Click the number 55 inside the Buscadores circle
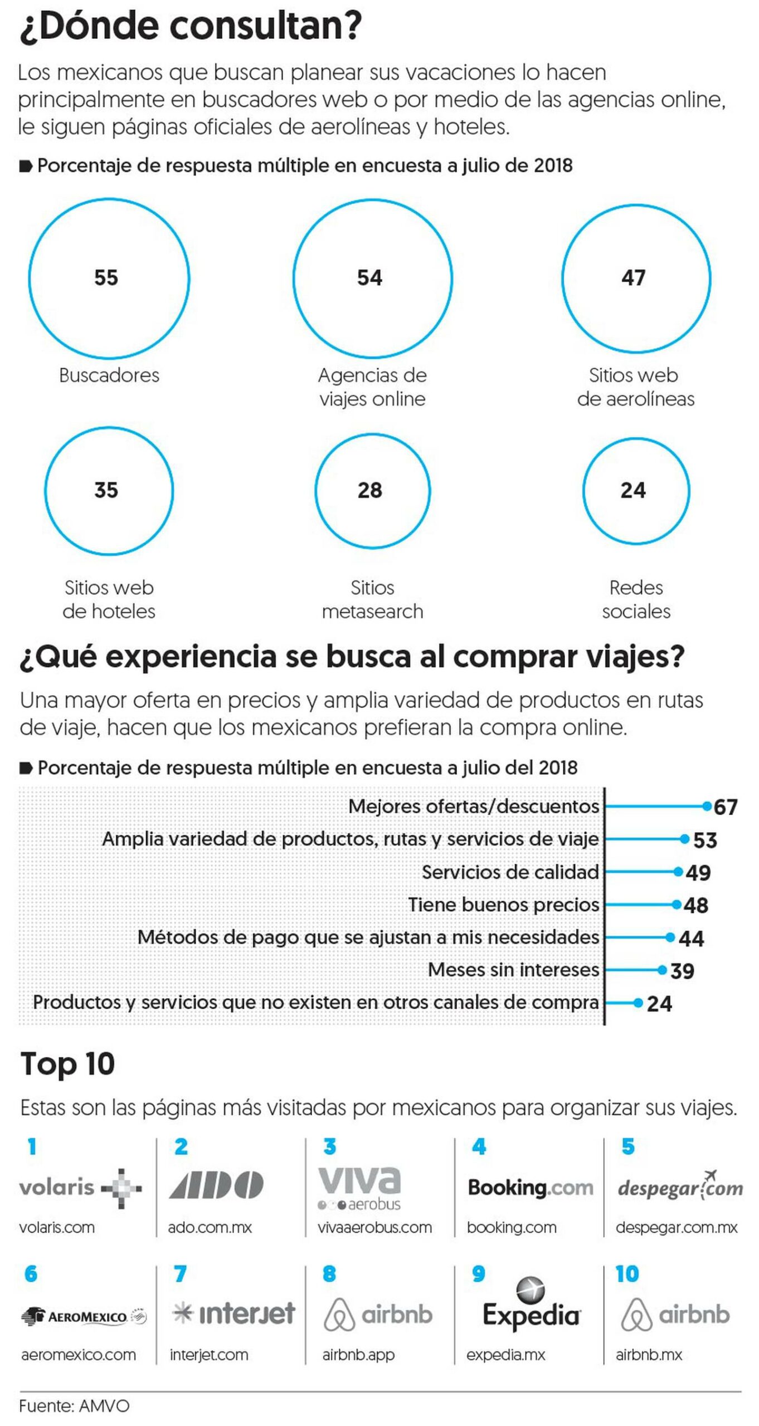pyautogui.click(x=106, y=277)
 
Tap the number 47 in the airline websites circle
pyautogui.click(x=633, y=277)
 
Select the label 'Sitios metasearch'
pyautogui.click(x=372, y=599)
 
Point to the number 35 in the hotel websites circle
pyautogui.click(x=106, y=490)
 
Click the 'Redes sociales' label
pyautogui.click(x=636, y=599)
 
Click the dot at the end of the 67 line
pyautogui.click(x=707, y=805)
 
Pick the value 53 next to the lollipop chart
pyautogui.click(x=705, y=840)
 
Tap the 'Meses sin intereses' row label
pyautogui.click(x=513, y=970)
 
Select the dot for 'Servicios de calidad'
pyautogui.click(x=678, y=872)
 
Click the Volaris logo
pyautogui.click(x=80, y=1188)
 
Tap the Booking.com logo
pyautogui.click(x=530, y=1188)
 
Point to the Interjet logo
pyautogui.click(x=233, y=1313)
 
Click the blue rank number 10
pyautogui.click(x=627, y=1273)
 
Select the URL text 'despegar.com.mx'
pyautogui.click(x=677, y=1227)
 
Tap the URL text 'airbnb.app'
pyautogui.click(x=358, y=1354)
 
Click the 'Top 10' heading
pyautogui.click(x=67, y=1063)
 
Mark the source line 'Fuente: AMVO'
pyautogui.click(x=74, y=1405)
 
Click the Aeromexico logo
pyautogui.click(x=84, y=1317)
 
